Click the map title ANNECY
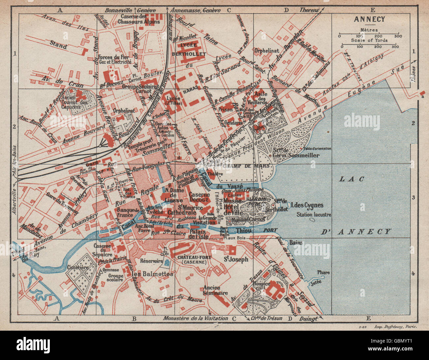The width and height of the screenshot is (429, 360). [x=369, y=19]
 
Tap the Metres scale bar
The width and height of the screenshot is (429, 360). [x=369, y=34]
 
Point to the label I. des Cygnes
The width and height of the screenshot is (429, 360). [x=307, y=205]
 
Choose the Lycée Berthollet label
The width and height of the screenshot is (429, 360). [x=193, y=49]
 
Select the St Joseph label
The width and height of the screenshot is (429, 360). [x=236, y=259]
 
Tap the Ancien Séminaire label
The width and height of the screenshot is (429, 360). [x=215, y=290]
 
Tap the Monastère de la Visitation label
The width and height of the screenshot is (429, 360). [x=195, y=318]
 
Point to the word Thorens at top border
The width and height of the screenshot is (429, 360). [x=309, y=10]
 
